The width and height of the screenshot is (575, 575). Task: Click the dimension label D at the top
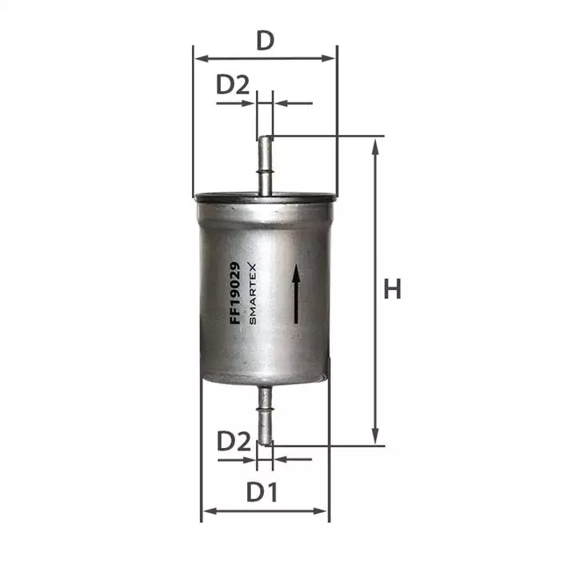coord(265,41)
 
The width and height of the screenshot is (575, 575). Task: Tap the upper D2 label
coord(233,85)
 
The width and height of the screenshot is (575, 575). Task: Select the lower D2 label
coord(234,441)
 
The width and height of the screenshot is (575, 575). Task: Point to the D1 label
coord(262,492)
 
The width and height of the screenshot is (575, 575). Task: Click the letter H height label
coord(392,288)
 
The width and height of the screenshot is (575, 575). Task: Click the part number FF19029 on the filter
coord(234,292)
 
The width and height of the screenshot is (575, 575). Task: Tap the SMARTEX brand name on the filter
coord(252,293)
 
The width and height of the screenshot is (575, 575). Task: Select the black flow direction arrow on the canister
coord(296,293)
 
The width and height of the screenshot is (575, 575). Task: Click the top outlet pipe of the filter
coord(265,166)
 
